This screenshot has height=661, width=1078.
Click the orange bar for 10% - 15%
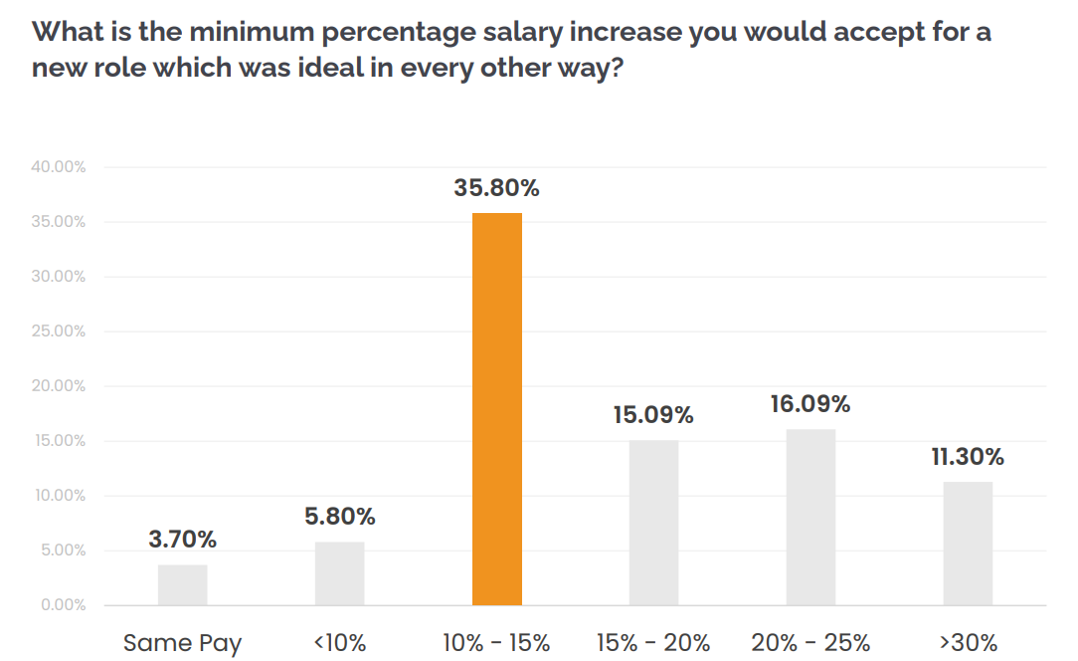point(496,408)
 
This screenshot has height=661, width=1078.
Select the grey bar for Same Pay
point(182,585)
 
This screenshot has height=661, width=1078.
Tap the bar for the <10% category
point(339,573)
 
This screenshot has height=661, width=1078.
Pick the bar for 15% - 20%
point(653,523)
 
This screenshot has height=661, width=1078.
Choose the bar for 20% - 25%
point(810,517)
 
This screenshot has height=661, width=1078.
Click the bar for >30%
point(968,544)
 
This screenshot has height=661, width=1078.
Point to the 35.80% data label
point(496,188)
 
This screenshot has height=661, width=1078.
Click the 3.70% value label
point(182,540)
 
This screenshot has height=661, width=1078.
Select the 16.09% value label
point(810,404)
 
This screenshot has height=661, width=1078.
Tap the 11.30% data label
point(968,457)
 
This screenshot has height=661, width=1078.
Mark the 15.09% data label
point(653,415)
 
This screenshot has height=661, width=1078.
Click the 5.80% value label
point(339,517)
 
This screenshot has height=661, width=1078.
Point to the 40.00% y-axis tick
point(58,167)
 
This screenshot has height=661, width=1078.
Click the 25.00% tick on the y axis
point(58,331)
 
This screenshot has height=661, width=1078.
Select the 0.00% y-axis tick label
point(62,605)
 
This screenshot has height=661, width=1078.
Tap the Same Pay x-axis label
point(182,643)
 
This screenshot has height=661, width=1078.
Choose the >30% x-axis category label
point(968,643)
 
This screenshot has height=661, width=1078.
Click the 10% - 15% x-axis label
point(496,643)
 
